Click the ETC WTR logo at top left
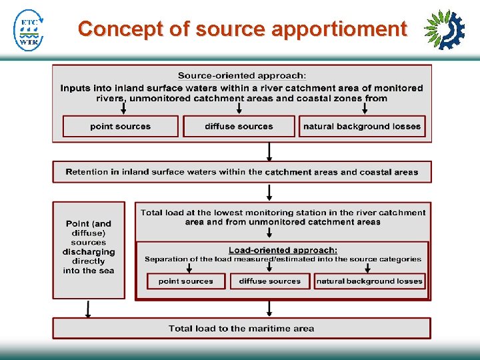click(x=29, y=30)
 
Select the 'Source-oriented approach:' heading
click(x=241, y=76)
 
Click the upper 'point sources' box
click(x=121, y=126)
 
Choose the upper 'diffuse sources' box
click(x=239, y=126)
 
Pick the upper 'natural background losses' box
click(x=362, y=126)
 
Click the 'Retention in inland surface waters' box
click(x=241, y=172)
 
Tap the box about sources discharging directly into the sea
click(x=89, y=248)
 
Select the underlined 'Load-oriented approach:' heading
click(x=283, y=250)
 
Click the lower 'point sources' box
click(x=186, y=281)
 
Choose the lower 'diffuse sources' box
click(x=270, y=281)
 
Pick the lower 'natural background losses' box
click(x=369, y=281)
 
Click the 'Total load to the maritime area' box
click(x=241, y=328)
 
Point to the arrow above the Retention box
click(x=269, y=153)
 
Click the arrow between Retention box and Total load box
click(x=269, y=193)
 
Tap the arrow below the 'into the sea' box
click(x=88, y=309)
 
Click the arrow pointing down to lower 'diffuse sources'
click(x=270, y=267)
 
